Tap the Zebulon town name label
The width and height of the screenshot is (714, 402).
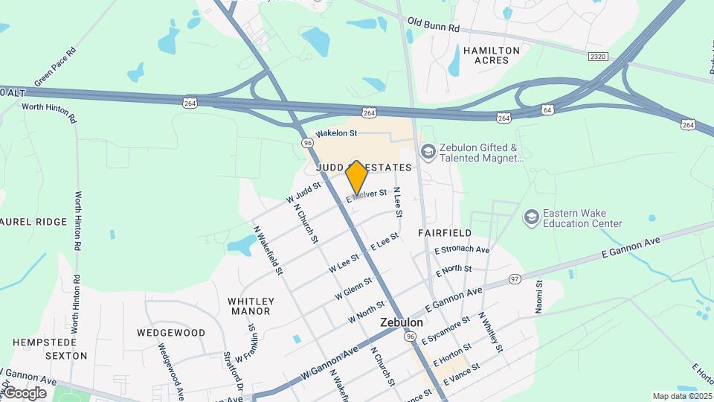[402, 323]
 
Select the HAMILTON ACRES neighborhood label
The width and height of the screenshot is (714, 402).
[492, 55]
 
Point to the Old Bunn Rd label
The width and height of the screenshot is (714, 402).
[434, 27]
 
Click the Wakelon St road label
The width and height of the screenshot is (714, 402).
[336, 133]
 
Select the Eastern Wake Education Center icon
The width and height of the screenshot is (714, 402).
[531, 217]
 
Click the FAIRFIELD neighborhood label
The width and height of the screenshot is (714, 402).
[444, 233]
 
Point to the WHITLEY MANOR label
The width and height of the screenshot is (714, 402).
[251, 306]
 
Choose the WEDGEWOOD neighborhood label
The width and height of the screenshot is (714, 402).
[171, 332]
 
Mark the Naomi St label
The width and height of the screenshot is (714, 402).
[539, 297]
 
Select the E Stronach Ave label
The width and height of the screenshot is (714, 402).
[462, 249]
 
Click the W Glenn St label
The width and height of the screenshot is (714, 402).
[353, 287]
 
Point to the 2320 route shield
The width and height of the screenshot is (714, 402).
[596, 56]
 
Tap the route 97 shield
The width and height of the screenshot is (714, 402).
[515, 278]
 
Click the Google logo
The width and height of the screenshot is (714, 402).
[25, 393]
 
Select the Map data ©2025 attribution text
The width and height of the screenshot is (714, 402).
[681, 396]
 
